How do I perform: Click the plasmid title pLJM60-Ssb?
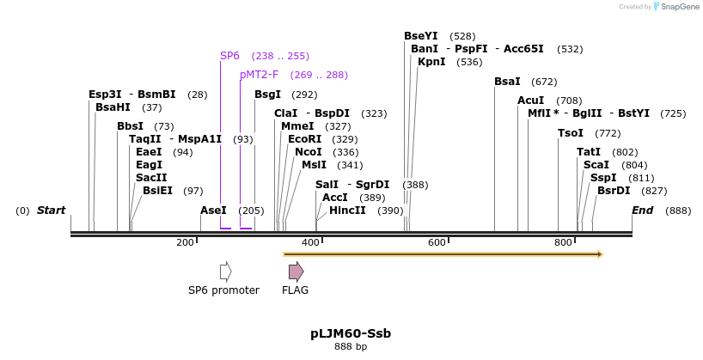pos(351,333)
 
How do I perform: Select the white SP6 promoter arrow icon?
pos(225,272)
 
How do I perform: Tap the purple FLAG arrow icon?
pos(296,272)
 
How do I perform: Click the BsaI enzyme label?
pos(507,82)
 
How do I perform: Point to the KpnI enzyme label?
pos(431,62)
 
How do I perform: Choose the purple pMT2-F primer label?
pos(260,75)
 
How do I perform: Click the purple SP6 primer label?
pos(229,56)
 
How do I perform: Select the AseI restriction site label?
pos(213,211)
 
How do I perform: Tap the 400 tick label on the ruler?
pos(310,243)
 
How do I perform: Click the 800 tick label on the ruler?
pos(563,243)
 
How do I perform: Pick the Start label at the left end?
pos(51,211)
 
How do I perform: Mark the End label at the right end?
pos(642,211)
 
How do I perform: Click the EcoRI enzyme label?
pos(304,138)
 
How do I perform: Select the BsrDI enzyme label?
pos(614,191)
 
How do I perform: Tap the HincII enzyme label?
pos(347,211)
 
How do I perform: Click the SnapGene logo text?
pos(679,7)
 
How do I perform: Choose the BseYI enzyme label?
pos(421,36)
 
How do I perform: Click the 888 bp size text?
pos(351,347)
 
